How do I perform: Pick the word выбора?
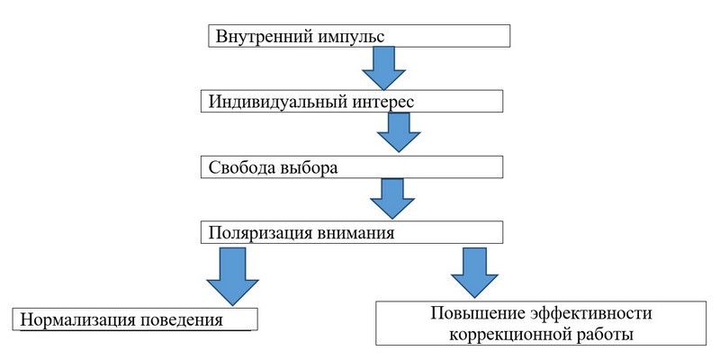tap(312, 167)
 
